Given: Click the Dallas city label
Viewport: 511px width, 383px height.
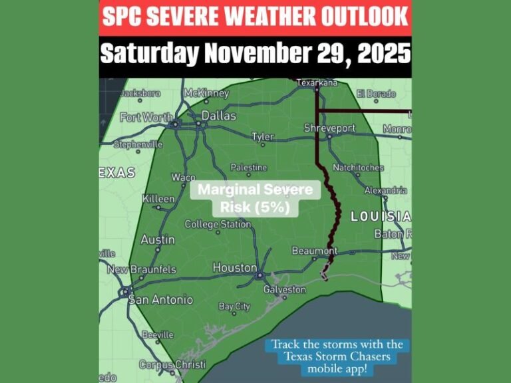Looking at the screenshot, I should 219,116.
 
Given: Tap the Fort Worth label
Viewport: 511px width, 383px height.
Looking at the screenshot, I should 146,118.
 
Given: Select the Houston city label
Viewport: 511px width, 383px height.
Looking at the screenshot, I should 234,267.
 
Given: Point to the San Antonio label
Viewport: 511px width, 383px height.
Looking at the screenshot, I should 160,300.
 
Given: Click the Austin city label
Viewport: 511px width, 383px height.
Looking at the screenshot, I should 158,239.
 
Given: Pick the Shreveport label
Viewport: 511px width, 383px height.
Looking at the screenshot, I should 329,128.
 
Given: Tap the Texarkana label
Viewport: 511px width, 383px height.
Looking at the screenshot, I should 317,83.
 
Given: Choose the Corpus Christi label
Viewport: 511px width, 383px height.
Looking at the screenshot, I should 172,364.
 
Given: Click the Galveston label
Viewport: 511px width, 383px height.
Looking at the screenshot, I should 284,290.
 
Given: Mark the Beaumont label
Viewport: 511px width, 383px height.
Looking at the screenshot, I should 315,251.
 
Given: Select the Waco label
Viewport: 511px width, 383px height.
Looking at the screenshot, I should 184,178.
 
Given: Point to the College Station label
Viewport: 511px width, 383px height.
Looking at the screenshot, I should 218,225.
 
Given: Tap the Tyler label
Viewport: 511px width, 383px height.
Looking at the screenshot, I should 263,137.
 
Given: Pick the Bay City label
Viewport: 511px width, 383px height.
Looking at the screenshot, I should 234,307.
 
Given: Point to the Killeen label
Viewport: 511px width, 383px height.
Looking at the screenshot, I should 158,199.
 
